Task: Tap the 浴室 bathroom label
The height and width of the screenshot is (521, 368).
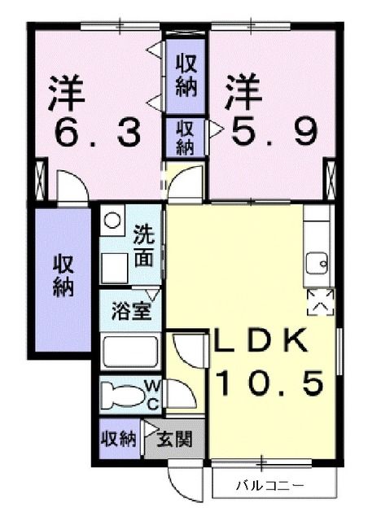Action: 130,311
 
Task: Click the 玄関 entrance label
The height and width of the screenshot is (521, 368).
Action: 173,440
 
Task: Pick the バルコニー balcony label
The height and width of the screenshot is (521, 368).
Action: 269,486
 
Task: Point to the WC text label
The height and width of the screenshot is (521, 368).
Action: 151,395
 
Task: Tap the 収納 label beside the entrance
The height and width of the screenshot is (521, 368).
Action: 118,440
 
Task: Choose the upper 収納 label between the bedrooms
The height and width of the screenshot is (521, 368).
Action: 186,76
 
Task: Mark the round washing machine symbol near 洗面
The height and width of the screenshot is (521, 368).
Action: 112,219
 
